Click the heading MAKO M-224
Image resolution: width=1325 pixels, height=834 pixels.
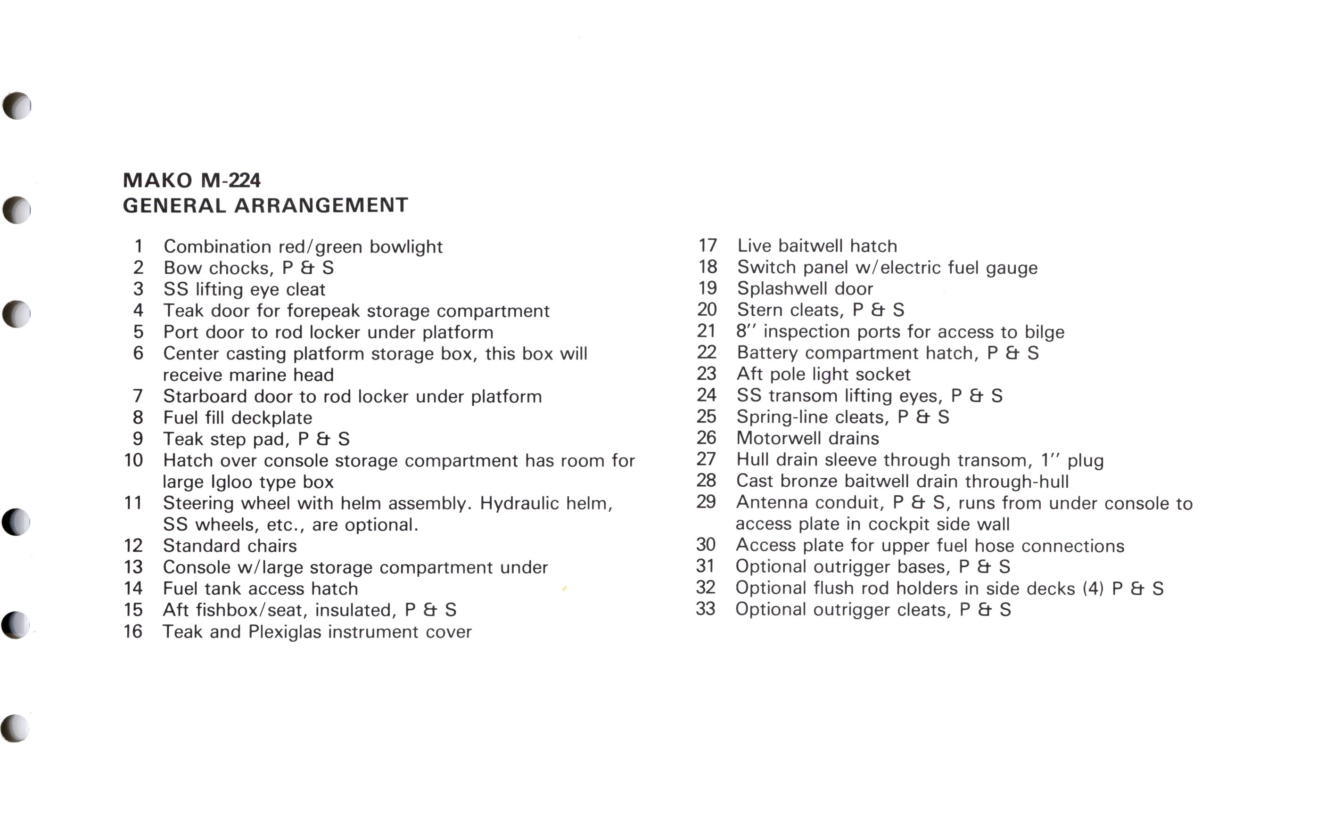click(x=191, y=180)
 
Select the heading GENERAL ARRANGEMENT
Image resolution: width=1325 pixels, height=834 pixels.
click(x=265, y=206)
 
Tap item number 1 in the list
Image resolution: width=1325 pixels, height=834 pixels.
click(x=139, y=246)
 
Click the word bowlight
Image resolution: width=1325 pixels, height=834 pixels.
click(x=406, y=246)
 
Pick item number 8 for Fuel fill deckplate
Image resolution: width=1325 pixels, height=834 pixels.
click(x=138, y=417)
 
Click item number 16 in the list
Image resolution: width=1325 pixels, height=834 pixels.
click(x=133, y=631)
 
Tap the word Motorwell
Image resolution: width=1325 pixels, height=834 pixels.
click(x=774, y=439)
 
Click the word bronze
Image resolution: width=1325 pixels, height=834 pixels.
click(x=809, y=482)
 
